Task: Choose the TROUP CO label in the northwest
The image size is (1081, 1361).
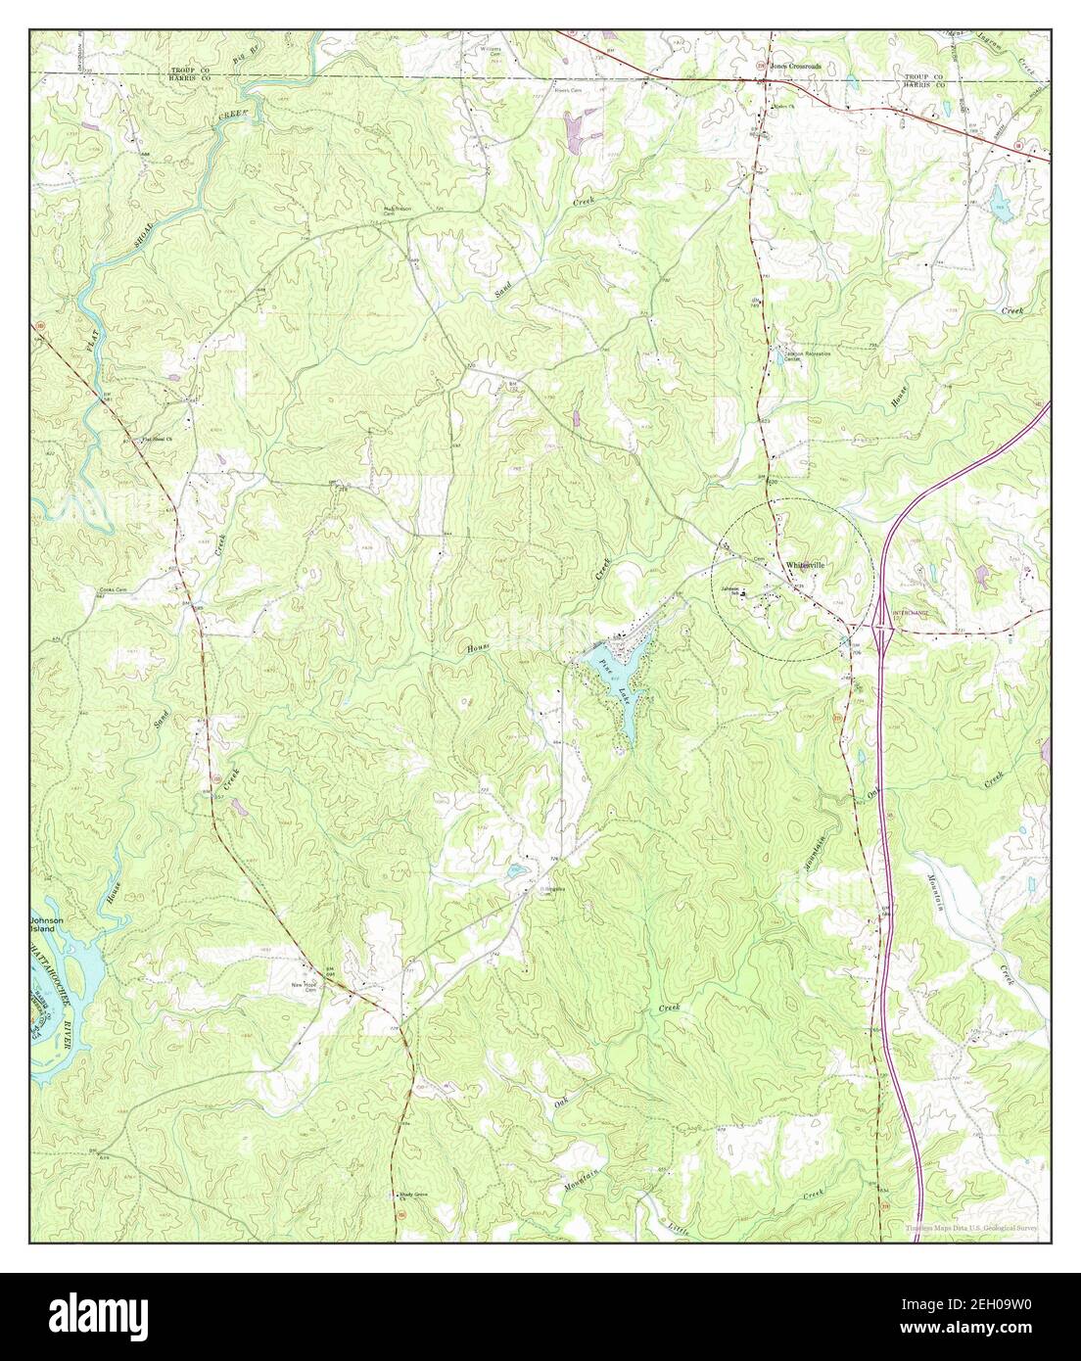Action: [190, 71]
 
